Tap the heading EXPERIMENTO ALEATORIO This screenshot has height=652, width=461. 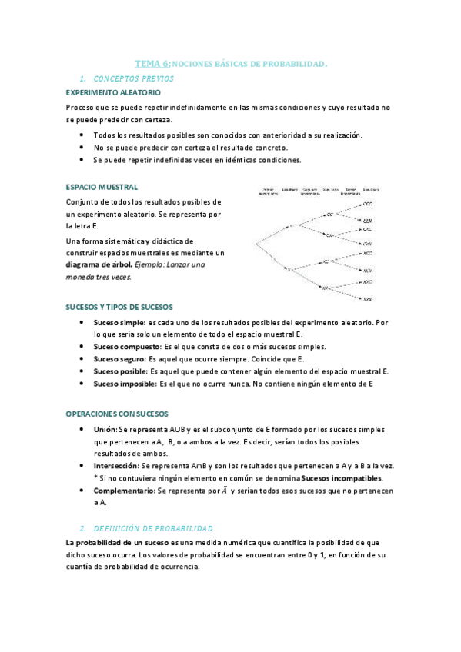[112, 92]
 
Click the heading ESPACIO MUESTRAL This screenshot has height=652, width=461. [102, 187]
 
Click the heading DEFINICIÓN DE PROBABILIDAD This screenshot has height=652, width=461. [152, 528]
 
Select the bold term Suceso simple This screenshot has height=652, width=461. [119, 322]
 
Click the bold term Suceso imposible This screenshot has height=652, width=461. [124, 383]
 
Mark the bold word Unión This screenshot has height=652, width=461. [105, 429]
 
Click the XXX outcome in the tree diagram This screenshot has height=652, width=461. [368, 298]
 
